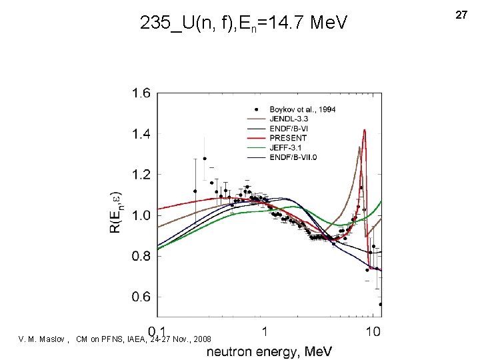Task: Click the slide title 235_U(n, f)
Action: pos(243,25)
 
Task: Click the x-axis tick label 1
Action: pos(265,331)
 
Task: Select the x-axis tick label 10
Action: pos(373,331)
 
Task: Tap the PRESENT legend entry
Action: pos(288,138)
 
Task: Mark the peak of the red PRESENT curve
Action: pos(364,130)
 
